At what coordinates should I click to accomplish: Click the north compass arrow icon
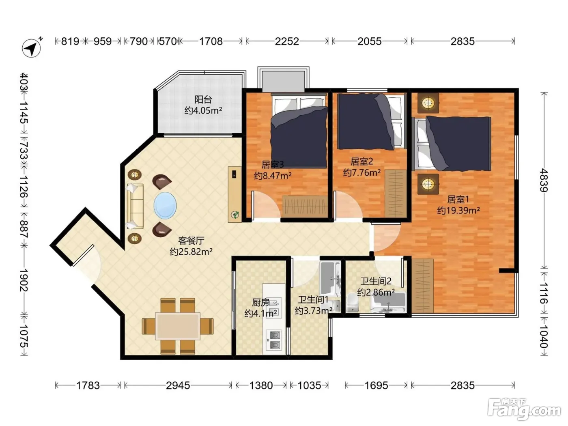click(x=32, y=48)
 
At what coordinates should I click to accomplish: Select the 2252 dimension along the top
click(x=287, y=41)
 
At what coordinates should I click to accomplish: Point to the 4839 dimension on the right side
click(x=544, y=180)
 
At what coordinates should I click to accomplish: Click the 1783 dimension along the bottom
click(x=88, y=386)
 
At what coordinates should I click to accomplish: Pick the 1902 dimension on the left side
click(x=24, y=280)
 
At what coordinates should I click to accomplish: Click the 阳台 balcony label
click(x=203, y=99)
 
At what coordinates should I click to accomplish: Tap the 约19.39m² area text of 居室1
click(x=458, y=210)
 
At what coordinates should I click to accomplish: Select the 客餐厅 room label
click(x=191, y=241)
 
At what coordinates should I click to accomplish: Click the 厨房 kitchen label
click(x=260, y=302)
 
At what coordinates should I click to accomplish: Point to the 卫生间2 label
click(x=376, y=281)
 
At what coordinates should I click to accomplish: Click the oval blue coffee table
click(x=165, y=206)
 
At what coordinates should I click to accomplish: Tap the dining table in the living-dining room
click(x=178, y=326)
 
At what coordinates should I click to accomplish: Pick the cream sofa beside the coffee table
click(x=135, y=206)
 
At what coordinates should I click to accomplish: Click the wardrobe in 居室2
click(x=396, y=194)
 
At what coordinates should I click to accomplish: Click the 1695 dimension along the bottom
click(x=376, y=386)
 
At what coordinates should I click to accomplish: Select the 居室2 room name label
click(x=362, y=161)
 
